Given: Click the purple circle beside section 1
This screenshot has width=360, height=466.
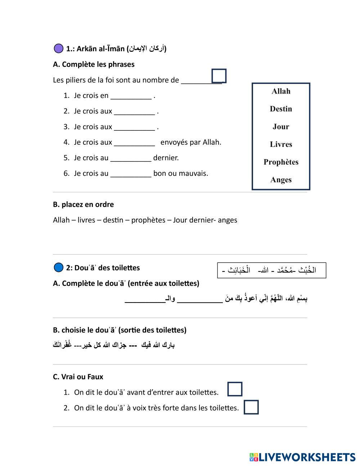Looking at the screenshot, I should point(58,48).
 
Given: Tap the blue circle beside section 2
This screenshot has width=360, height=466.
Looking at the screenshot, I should point(58,268).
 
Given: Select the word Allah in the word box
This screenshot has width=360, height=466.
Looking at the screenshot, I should point(281,91).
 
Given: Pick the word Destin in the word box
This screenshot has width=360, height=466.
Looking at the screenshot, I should point(281,109).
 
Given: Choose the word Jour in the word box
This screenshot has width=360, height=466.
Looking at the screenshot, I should point(281,126).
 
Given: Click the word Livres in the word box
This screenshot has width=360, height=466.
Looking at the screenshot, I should point(281,144).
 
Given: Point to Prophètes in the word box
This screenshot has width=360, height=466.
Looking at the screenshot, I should point(281,162).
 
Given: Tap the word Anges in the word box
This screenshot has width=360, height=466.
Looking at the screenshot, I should point(281,180).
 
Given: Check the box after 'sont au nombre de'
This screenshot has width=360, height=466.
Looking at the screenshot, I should point(219,76).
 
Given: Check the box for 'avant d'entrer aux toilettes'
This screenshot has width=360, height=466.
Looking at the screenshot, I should point(235,389).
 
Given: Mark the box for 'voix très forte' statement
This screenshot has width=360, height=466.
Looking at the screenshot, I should point(251,407).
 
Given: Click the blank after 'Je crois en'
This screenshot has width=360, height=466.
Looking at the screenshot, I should point(131,97).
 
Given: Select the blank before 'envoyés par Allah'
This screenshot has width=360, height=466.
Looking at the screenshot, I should point(134,143).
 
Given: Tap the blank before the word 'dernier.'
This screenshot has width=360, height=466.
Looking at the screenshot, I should point(131,159).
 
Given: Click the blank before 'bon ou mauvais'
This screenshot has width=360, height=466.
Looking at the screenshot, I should point(131,174).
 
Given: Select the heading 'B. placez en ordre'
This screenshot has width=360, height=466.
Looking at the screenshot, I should point(83,205).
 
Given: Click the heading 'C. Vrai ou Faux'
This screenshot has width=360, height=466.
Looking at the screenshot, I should point(78,377).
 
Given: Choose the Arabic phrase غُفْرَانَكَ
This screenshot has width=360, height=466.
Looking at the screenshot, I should point(62,345).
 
